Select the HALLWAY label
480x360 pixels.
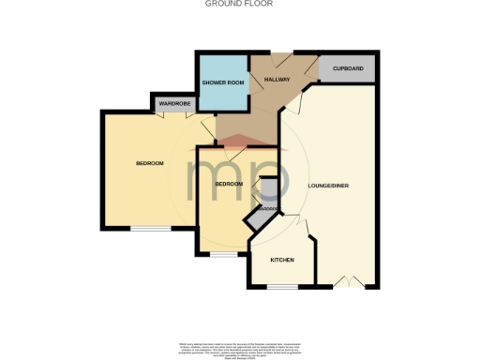coord(276,79)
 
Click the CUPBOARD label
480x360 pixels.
coord(348,68)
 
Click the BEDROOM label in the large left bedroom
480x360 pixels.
coord(149,163)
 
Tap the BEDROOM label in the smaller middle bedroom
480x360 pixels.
coord(229,184)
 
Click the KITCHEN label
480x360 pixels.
coord(282,259)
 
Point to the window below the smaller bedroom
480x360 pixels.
coord(222,253)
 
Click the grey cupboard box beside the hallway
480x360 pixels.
coord(348,68)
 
